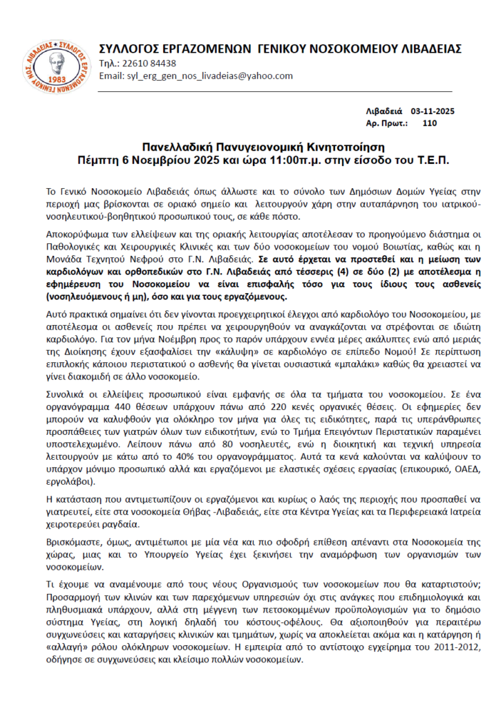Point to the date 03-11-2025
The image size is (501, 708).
[x=433, y=111]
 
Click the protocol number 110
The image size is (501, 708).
[x=429, y=123]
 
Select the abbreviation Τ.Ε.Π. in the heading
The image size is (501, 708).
[x=431, y=160]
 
